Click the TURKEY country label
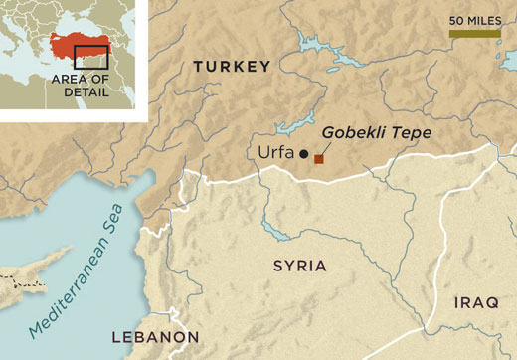tap(232, 67)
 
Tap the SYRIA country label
tap(299, 266)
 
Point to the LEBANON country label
tap(155, 336)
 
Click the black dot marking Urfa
tap(303, 154)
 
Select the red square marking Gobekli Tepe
tap(319, 157)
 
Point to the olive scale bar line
tap(474, 34)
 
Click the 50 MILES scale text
tap(474, 20)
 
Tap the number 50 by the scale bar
tap(456, 20)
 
